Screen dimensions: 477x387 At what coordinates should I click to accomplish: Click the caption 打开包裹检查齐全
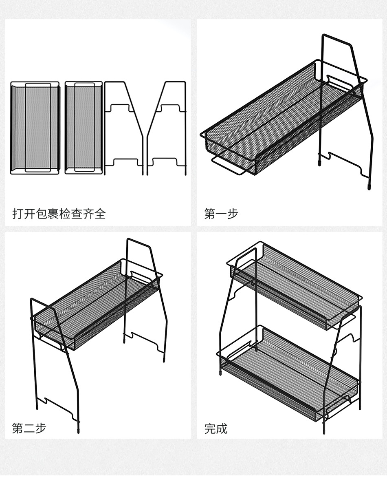[x=59, y=213]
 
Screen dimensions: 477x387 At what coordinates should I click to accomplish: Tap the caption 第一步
[x=221, y=213]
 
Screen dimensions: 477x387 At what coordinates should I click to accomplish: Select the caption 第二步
[x=29, y=428]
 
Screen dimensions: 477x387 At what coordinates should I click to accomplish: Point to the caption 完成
[x=216, y=428]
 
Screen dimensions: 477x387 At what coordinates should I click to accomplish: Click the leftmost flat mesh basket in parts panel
[x=35, y=128]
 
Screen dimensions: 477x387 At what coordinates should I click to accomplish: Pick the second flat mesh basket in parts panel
[x=83, y=128]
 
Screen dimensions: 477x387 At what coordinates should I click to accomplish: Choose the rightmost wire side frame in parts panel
[x=167, y=128]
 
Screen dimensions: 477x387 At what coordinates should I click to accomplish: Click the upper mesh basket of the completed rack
[x=293, y=285]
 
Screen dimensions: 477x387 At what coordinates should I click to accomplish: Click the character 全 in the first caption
[x=100, y=213]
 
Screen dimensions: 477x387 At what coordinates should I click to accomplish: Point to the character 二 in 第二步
[x=29, y=428]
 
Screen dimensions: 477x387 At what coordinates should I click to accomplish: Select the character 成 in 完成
[x=222, y=428]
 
